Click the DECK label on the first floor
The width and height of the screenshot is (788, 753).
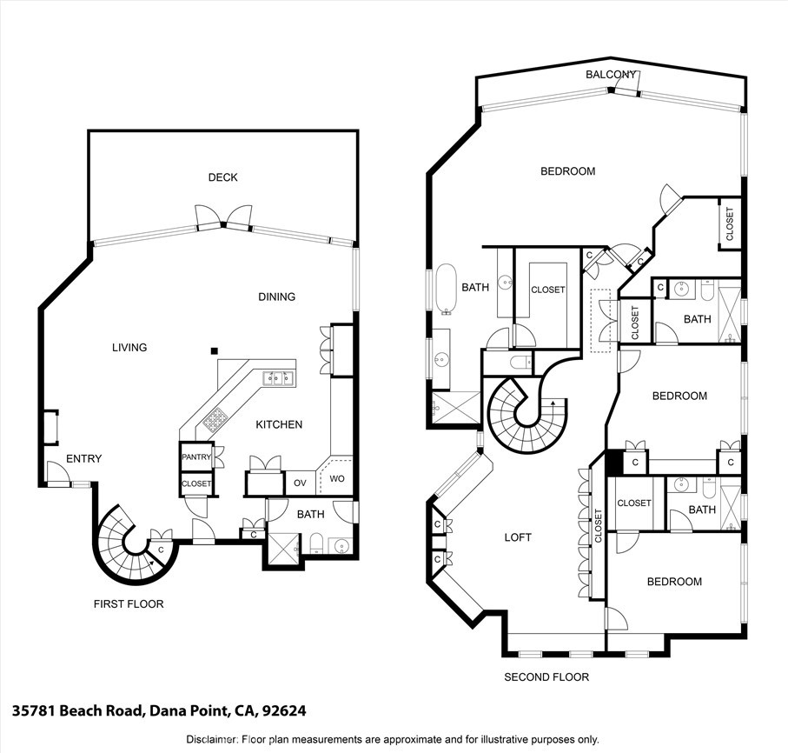coord(222,177)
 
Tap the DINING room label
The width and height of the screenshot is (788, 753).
coord(276,297)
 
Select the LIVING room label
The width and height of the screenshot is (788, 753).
coord(129,348)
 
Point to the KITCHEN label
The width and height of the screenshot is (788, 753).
coord(279,424)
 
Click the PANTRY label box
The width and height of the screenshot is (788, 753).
coord(196,456)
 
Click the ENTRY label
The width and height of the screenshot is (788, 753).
coord(84,459)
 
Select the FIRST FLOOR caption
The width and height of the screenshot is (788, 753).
coord(129,603)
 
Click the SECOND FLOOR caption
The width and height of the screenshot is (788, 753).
coord(546,676)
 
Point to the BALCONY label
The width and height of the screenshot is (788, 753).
coord(611,75)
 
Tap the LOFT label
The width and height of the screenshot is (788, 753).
coord(518,537)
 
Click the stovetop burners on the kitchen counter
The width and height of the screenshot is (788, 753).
coord(215,421)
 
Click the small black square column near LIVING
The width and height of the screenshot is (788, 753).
coord(214,351)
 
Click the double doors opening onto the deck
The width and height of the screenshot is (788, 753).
coord(222,216)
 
